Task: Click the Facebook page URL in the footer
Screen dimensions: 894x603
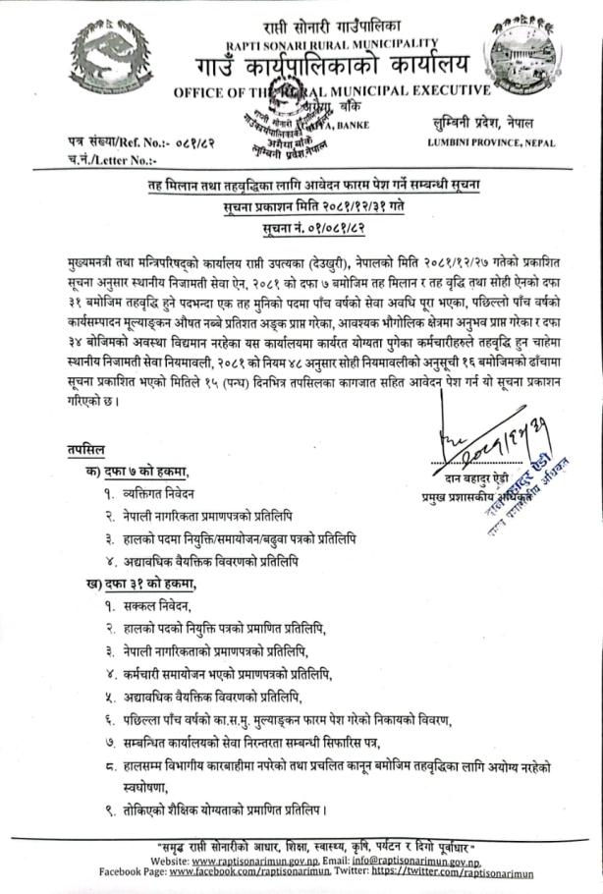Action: coord(249,870)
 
